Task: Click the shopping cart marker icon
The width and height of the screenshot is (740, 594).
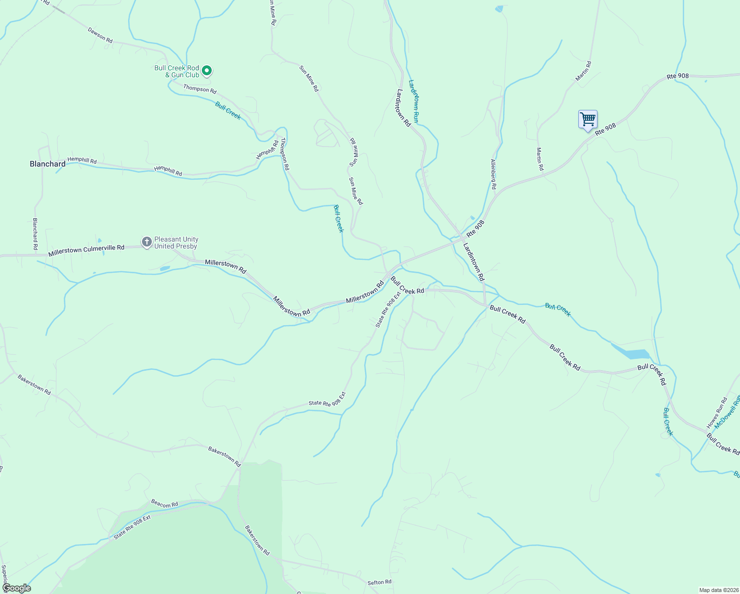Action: [588, 119]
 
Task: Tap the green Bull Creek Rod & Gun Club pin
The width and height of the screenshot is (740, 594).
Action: [207, 71]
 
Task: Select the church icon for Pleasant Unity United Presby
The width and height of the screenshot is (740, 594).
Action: [146, 242]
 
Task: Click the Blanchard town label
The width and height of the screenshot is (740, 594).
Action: [47, 164]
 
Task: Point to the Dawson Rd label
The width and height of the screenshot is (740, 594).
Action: [100, 35]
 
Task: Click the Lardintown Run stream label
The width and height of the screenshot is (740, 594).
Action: [414, 101]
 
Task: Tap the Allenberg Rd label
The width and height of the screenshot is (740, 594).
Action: [493, 174]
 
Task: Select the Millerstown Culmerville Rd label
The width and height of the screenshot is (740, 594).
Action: [86, 250]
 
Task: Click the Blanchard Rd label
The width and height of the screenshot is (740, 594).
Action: [35, 234]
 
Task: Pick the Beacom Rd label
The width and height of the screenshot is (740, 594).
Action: [164, 504]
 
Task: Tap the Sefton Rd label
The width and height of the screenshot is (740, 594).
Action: [379, 582]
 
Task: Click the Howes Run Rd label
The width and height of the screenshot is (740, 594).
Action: [717, 413]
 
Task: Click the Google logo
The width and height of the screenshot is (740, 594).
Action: [16, 588]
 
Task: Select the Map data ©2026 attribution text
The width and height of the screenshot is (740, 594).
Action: [718, 590]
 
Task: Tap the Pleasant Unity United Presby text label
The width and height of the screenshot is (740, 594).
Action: [176, 243]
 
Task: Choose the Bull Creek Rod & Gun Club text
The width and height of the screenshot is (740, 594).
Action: [177, 71]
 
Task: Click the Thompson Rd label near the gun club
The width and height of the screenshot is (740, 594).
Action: [200, 89]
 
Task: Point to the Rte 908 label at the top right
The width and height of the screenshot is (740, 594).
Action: [678, 76]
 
